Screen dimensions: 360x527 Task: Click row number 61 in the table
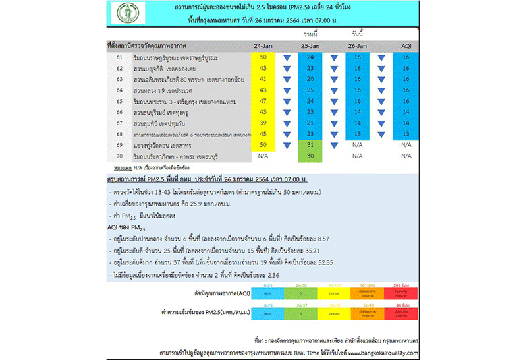(119, 58)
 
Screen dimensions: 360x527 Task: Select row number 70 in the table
(119, 156)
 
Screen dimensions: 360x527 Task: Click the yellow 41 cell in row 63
(264, 80)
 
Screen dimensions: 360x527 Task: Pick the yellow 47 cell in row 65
(264, 102)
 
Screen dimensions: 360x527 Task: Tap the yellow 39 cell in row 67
(264, 123)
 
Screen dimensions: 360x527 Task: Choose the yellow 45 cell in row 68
(264, 134)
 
